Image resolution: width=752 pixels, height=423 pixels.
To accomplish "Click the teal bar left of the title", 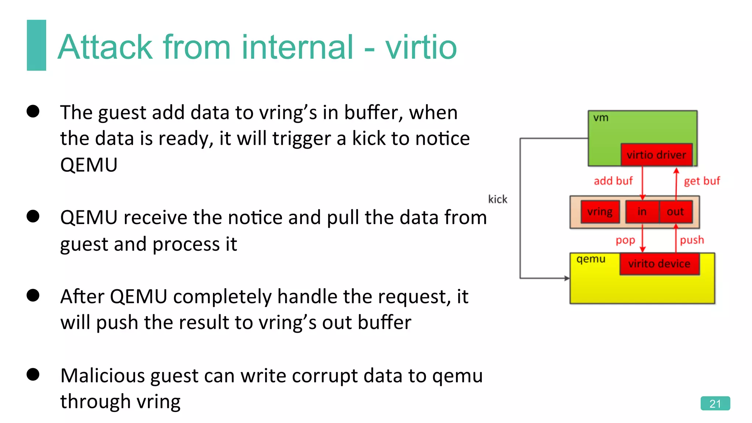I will [x=36, y=45].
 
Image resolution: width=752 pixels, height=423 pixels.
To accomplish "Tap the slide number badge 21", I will [x=715, y=403].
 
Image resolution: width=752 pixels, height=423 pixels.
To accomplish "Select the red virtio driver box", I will [x=656, y=155].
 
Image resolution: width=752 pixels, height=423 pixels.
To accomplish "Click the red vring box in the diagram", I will [x=600, y=211].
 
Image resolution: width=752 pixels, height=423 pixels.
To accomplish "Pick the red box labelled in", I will [x=642, y=211].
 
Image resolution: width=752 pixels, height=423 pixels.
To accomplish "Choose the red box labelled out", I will [x=675, y=211].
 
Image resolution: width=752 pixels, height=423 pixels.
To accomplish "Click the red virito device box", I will [x=659, y=263].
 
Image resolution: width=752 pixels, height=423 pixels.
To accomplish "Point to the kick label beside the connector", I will [x=498, y=199].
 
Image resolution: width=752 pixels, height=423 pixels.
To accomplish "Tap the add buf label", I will [x=613, y=181].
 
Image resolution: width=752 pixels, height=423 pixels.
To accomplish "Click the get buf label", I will [x=702, y=181].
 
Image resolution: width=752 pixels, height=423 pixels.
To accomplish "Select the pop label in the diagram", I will [x=625, y=240].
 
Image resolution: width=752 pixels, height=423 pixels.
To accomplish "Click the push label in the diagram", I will [x=692, y=240].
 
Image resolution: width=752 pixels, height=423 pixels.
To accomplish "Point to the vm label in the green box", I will [x=601, y=118].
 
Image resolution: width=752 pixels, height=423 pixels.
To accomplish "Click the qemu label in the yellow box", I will [x=591, y=259].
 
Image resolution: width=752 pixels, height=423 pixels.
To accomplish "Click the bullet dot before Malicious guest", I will [x=33, y=375].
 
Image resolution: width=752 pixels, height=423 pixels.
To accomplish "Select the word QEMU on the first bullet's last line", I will [x=89, y=164].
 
